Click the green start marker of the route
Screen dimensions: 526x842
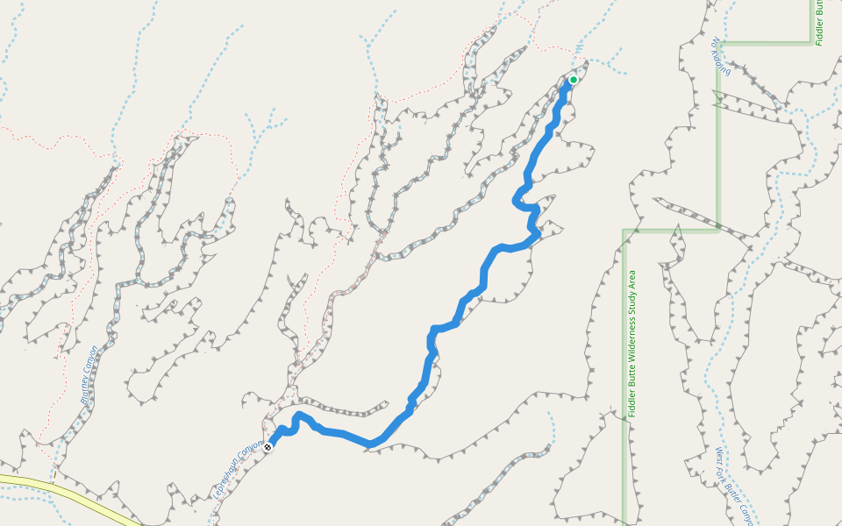click(573, 80)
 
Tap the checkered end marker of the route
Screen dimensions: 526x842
click(268, 446)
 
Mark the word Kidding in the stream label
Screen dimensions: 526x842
click(723, 61)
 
